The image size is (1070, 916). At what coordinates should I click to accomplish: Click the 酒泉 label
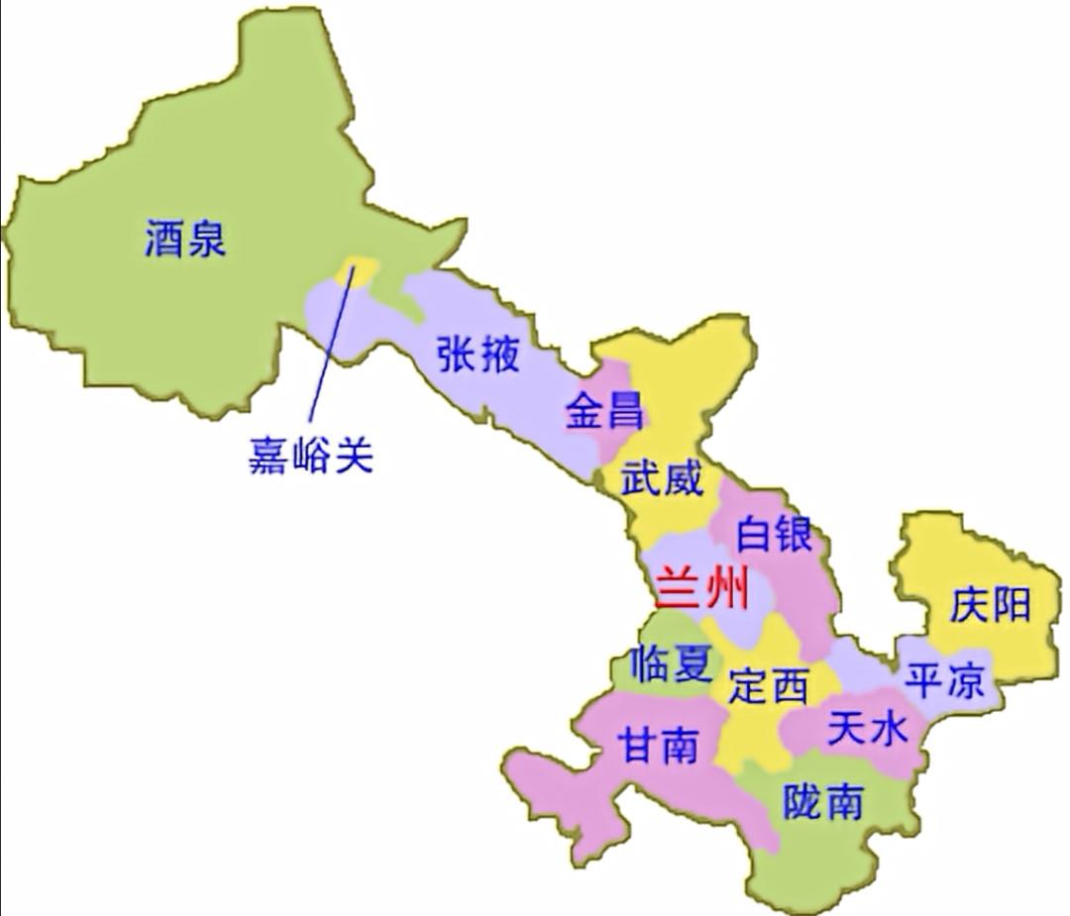185,239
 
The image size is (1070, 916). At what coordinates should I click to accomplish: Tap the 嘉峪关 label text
310,457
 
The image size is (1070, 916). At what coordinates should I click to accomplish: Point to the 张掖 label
479,353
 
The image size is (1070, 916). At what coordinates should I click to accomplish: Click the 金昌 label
604,410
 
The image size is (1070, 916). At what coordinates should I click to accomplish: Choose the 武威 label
661,479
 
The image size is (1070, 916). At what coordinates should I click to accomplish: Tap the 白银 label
774,534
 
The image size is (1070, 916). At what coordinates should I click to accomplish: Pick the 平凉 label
945,681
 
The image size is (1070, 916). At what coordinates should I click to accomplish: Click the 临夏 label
670,662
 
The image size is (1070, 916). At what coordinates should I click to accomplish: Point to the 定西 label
769,684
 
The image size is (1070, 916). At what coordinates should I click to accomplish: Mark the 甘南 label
658,744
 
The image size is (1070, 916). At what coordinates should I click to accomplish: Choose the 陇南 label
822,800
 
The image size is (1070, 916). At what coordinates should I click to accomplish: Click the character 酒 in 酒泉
163,239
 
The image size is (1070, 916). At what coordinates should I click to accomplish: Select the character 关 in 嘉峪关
353,457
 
